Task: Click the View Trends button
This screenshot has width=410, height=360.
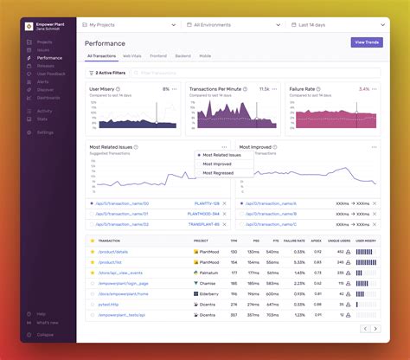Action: (x=367, y=42)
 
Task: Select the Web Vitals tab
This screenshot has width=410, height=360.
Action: (x=132, y=55)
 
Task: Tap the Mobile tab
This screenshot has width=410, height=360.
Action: (x=204, y=55)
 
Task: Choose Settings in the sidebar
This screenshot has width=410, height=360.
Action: (x=45, y=132)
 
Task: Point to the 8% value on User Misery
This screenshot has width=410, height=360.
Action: (x=165, y=88)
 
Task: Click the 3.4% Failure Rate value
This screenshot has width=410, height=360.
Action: (x=364, y=88)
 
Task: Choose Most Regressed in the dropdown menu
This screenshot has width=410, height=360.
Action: (x=218, y=173)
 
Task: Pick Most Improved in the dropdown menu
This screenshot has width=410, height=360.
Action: (x=217, y=164)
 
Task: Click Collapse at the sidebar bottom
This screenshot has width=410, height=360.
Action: (x=45, y=335)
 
